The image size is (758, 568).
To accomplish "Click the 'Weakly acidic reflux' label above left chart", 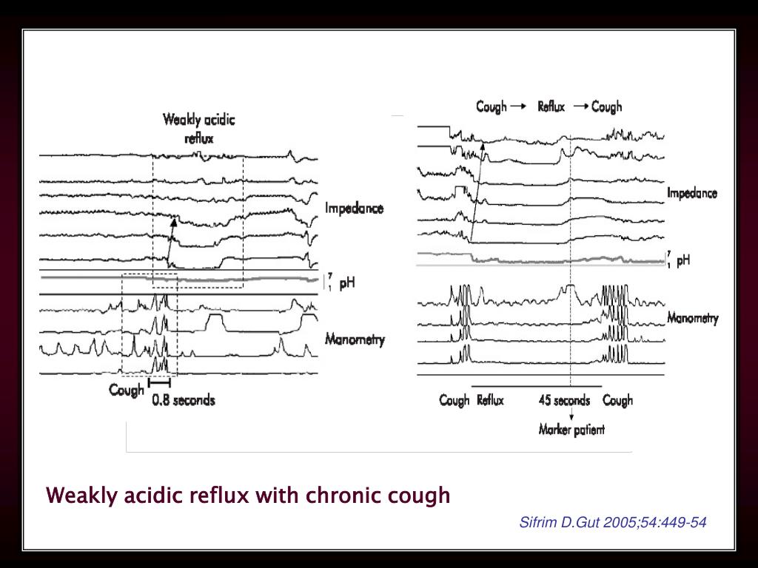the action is (x=199, y=127).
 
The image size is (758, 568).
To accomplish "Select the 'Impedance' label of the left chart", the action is (x=354, y=209).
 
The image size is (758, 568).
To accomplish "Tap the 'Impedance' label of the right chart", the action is (x=692, y=194).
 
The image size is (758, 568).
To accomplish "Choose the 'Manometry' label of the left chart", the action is (x=355, y=340).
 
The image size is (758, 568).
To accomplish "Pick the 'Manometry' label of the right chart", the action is (x=692, y=319).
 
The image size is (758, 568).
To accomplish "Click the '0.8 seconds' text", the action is (x=184, y=400).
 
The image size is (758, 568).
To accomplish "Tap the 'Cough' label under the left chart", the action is (x=127, y=390).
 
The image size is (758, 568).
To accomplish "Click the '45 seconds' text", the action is (x=564, y=400).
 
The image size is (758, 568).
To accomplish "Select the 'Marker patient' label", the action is (x=571, y=430).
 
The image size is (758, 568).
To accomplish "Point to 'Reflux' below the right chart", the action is (x=490, y=400).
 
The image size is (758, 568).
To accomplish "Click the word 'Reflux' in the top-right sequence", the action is (x=551, y=106).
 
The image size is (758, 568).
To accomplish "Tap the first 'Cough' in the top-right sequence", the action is (x=491, y=106).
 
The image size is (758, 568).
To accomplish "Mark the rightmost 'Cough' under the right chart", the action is (x=617, y=400).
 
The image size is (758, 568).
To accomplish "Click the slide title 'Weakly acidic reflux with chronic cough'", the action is (x=248, y=495).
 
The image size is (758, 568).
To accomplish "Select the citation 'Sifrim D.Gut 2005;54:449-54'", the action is (x=612, y=523).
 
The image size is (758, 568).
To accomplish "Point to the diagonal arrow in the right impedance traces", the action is (x=477, y=192).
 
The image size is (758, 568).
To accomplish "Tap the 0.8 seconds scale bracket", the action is (x=159, y=383).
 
